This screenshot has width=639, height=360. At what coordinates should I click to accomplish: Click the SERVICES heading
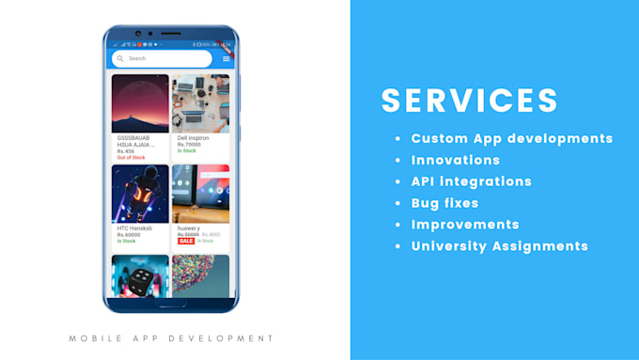469,102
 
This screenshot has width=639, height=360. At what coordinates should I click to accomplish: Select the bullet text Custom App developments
512,138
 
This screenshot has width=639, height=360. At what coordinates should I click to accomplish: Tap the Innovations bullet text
456,160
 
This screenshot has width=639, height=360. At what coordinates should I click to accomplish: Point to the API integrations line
471,181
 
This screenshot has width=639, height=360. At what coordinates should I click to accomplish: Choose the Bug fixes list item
444,203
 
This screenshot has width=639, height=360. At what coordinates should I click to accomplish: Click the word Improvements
465,225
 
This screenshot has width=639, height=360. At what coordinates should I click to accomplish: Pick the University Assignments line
500,246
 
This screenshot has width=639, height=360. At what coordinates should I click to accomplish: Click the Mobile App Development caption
171,338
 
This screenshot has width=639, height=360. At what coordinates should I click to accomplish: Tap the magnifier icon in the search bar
120,58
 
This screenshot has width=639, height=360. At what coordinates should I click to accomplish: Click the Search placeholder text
137,58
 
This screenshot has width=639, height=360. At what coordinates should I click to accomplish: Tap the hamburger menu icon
226,58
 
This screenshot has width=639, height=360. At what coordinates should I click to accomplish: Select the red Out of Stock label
131,157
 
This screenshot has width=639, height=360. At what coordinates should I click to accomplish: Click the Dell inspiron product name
195,138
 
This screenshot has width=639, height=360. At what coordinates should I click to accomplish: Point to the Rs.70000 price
189,145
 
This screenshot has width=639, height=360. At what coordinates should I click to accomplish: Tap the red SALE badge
185,241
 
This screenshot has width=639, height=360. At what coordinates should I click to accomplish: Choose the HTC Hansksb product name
135,228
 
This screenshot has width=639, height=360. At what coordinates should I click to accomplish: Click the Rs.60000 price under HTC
129,235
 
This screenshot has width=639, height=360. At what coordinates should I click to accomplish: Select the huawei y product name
189,228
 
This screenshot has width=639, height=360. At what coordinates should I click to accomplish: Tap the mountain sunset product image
140,103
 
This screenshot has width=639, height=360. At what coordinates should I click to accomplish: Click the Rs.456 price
126,150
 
